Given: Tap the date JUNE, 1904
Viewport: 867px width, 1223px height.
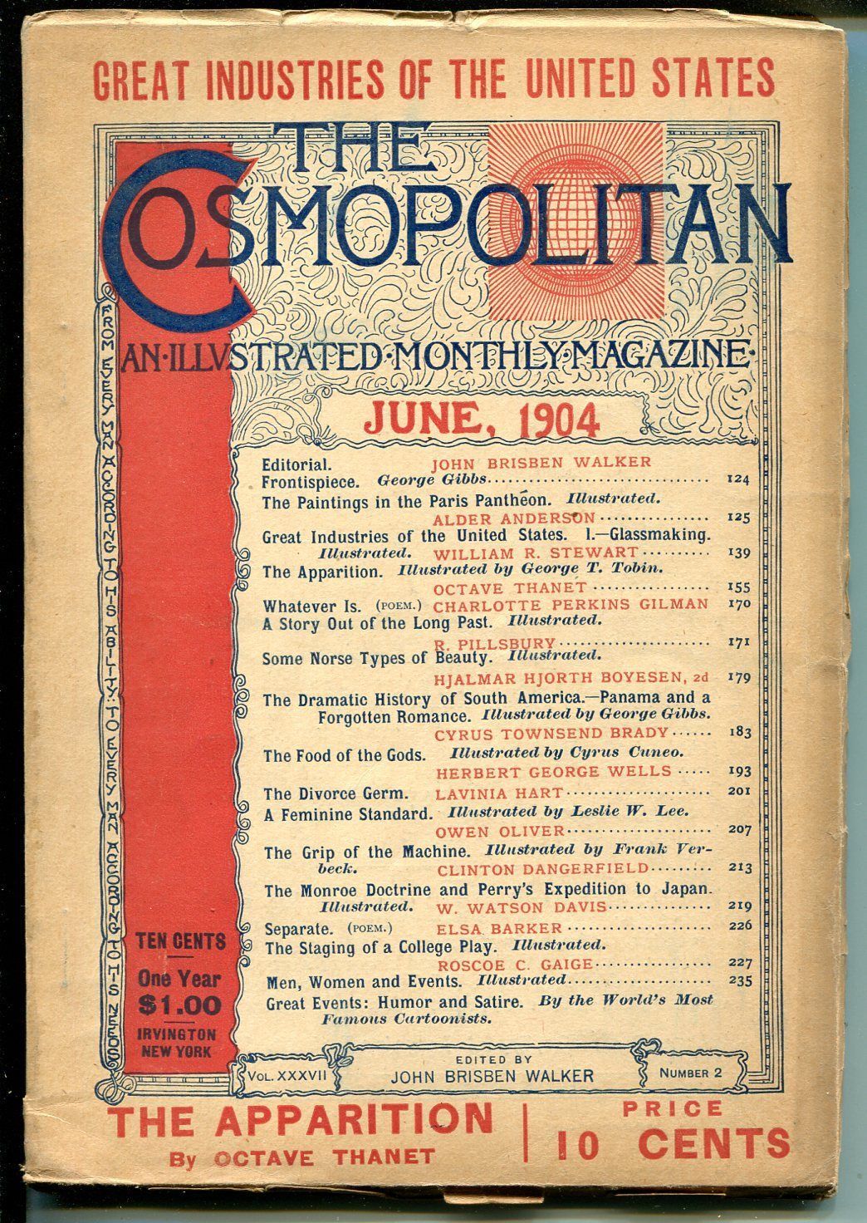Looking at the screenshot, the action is point(481,420).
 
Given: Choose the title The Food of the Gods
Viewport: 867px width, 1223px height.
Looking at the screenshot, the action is point(344,755).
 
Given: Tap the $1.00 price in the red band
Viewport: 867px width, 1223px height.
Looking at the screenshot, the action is point(180,1005).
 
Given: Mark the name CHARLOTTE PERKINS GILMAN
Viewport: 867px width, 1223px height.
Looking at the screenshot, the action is point(571,604).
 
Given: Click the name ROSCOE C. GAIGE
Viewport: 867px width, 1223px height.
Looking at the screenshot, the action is point(514,964).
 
